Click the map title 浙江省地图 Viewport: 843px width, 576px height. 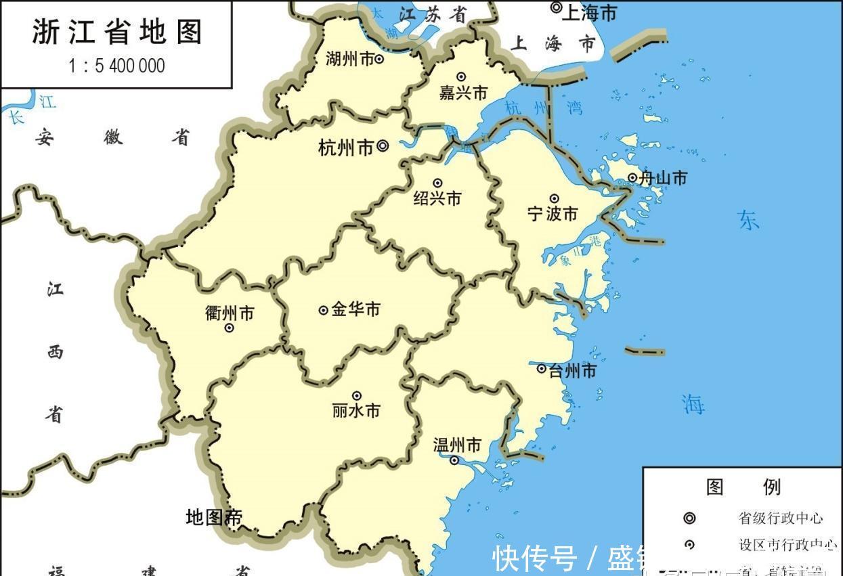(116, 32)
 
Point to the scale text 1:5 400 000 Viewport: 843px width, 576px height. (116, 66)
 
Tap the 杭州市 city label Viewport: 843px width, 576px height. (346, 148)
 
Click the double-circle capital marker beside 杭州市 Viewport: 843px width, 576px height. (383, 145)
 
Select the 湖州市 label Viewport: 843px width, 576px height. (349, 60)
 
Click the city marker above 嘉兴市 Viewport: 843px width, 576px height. (461, 77)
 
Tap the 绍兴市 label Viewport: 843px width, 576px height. (437, 198)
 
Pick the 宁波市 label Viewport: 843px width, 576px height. (553, 214)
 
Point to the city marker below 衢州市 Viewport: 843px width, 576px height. (230, 328)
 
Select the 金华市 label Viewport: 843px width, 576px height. (356, 309)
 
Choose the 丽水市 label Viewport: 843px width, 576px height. (356, 411)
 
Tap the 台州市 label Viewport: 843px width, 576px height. (572, 371)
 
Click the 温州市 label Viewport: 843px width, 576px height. (457, 445)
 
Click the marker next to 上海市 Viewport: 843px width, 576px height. (556, 8)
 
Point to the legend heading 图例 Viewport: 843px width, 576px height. (743, 487)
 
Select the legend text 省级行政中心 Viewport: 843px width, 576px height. (780, 518)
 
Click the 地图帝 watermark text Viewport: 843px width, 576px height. (214, 518)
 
